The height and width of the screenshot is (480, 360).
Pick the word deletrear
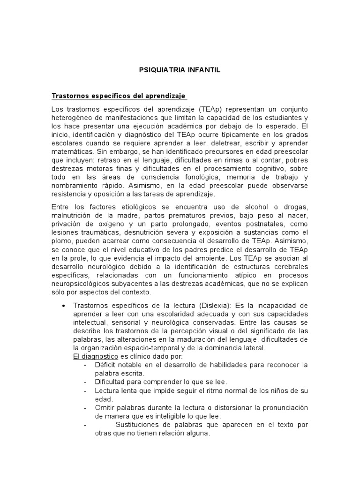(219, 143)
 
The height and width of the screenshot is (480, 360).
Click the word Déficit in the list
(105, 365)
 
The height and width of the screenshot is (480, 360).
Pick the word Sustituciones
(136, 425)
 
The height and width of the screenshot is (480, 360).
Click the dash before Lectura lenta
(85, 390)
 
